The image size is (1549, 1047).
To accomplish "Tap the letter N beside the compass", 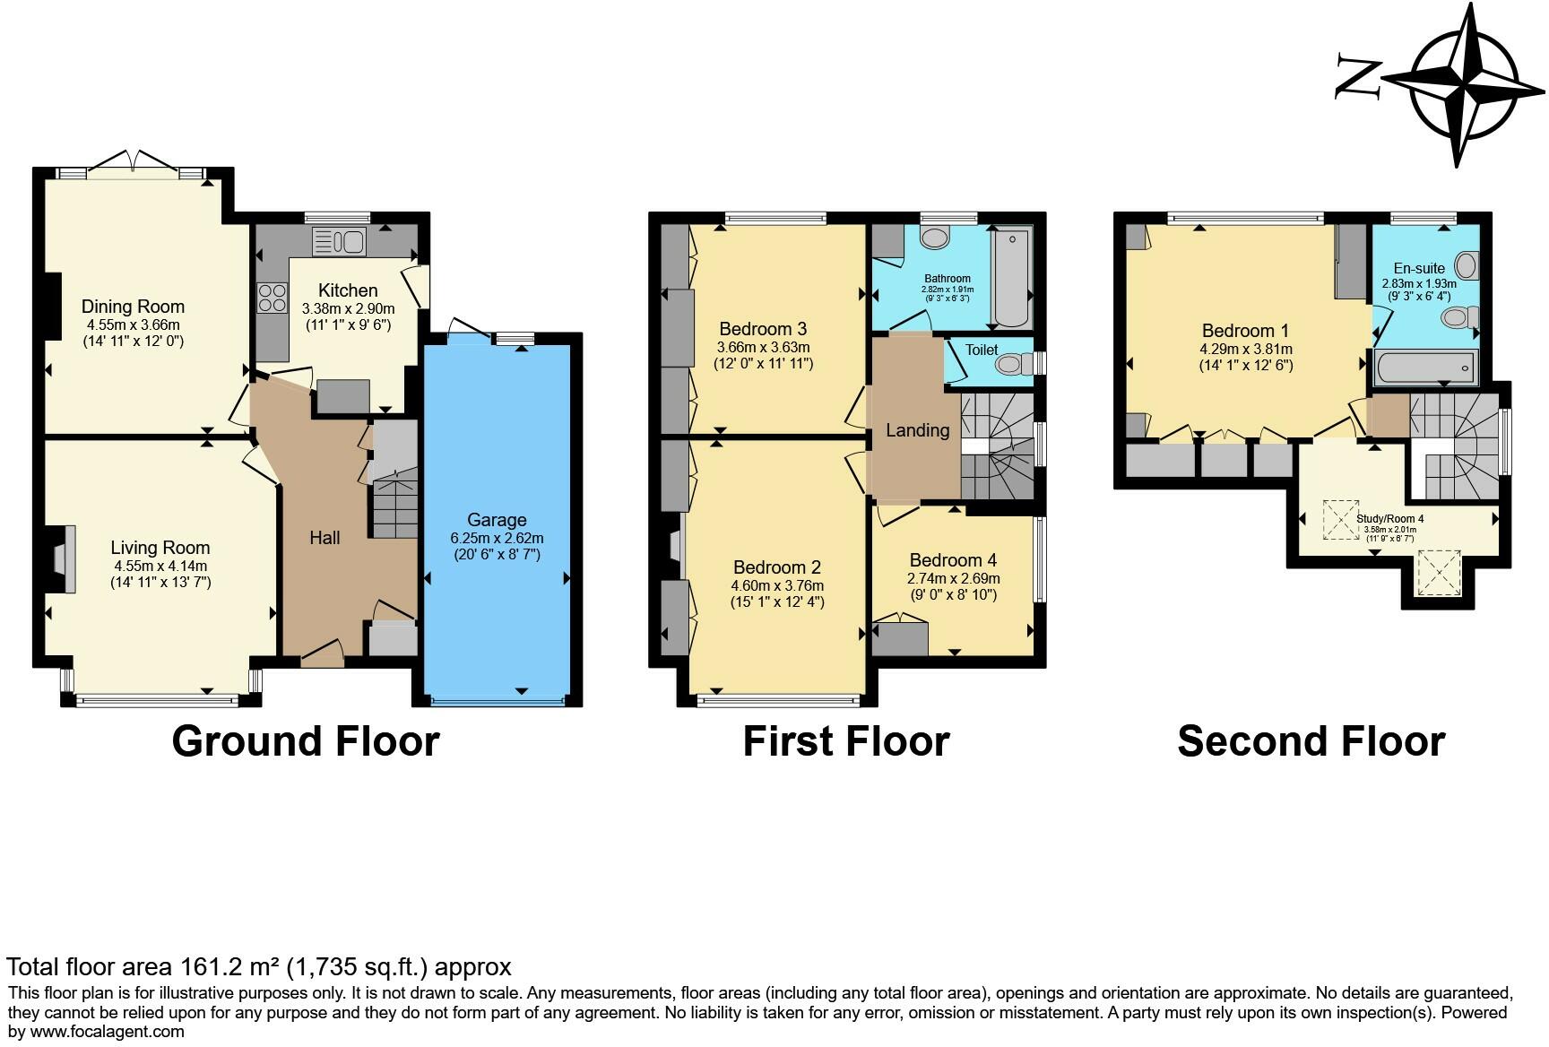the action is [1358, 76].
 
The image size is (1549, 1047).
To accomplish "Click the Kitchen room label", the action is [348, 290].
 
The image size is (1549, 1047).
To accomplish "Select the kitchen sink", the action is [339, 241].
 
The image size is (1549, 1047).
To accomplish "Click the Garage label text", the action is [497, 520].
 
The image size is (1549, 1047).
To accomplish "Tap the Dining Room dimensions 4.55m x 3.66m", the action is [133, 325].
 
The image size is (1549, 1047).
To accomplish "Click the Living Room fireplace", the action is [61, 558].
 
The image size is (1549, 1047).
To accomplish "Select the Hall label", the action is [325, 538].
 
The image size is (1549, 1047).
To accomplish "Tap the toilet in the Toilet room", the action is [1011, 363].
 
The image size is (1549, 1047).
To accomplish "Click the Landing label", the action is [917, 430].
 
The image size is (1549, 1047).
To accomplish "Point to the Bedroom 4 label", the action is [953, 560].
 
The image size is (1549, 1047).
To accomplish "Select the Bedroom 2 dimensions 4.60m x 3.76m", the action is [776, 586].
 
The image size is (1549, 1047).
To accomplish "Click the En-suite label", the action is [1419, 268].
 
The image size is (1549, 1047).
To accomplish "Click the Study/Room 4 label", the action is [1389, 518].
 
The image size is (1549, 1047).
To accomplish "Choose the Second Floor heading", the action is [1311, 741].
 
